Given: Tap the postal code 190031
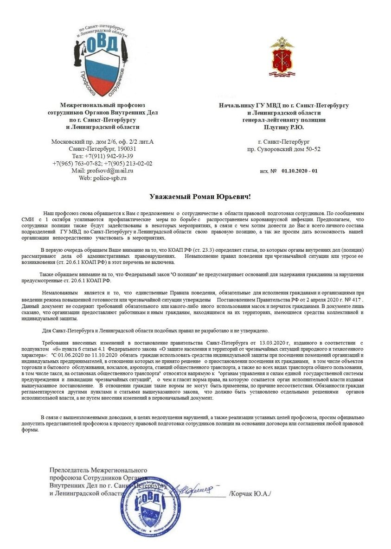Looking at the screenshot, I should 123,149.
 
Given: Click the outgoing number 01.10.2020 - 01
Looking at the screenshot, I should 299,171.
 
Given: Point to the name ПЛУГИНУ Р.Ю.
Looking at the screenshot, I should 284,127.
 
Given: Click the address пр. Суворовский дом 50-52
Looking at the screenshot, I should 284,149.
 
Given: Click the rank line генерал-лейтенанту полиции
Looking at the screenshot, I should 284,120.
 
